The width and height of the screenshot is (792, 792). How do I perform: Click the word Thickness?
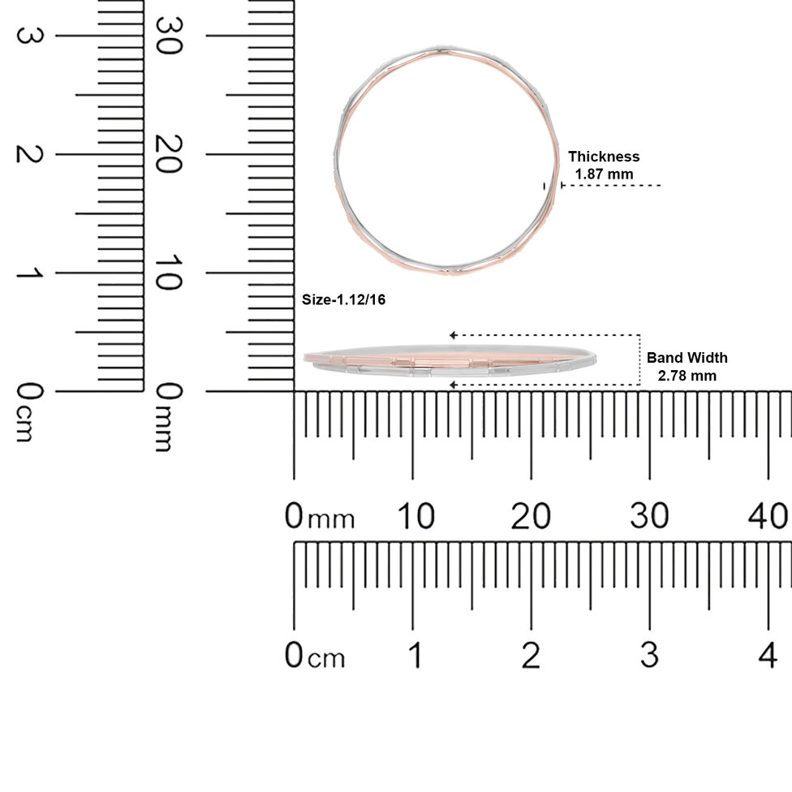[604, 157]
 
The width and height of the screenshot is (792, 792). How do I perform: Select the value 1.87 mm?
[604, 174]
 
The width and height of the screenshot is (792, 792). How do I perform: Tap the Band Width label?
[687, 358]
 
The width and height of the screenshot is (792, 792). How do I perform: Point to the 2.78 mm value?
[687, 376]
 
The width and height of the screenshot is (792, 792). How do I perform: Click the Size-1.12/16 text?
[343, 299]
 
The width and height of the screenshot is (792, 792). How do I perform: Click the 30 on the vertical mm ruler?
[169, 36]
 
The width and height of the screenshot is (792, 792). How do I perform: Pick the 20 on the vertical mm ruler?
[169, 154]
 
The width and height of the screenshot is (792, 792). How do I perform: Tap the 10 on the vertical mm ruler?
[169, 273]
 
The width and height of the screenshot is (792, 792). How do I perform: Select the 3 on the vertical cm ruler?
[30, 36]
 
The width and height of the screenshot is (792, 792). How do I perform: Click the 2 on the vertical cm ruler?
[30, 154]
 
